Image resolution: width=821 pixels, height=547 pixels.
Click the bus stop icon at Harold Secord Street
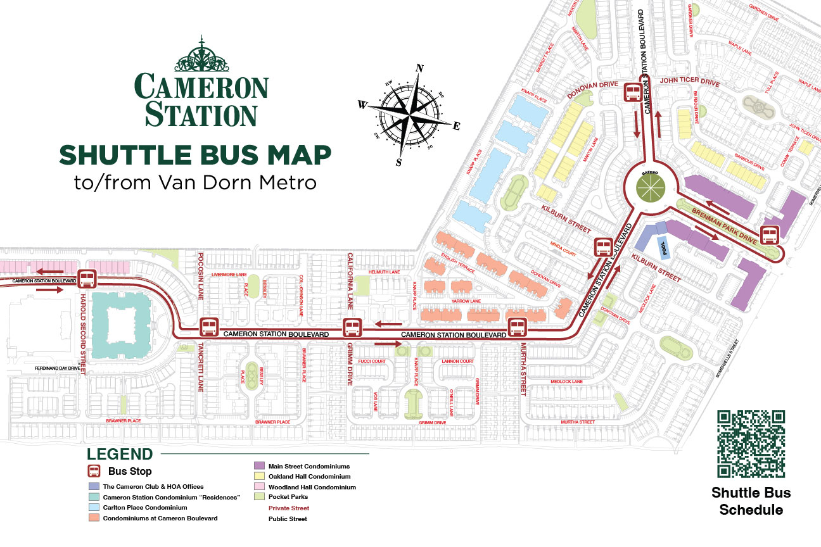pyautogui.click(x=87, y=279)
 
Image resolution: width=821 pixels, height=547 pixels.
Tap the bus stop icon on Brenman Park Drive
pyautogui.click(x=770, y=235)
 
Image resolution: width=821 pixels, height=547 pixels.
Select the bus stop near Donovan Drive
pyautogui.click(x=633, y=93)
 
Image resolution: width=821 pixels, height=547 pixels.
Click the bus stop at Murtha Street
pyautogui.click(x=518, y=327)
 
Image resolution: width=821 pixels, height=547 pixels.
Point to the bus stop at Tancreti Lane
pyautogui.click(x=209, y=327)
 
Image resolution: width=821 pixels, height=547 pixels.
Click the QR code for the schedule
pyautogui.click(x=751, y=444)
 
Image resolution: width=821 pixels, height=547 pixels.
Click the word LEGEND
pyautogui.click(x=120, y=454)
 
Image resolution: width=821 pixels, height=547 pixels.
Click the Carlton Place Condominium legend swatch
pyautogui.click(x=93, y=507)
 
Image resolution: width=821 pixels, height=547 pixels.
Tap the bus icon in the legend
pyautogui.click(x=93, y=471)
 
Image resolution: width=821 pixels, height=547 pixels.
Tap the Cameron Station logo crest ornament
pyautogui.click(x=201, y=55)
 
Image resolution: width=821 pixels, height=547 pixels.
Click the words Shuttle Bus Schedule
pyautogui.click(x=751, y=501)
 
